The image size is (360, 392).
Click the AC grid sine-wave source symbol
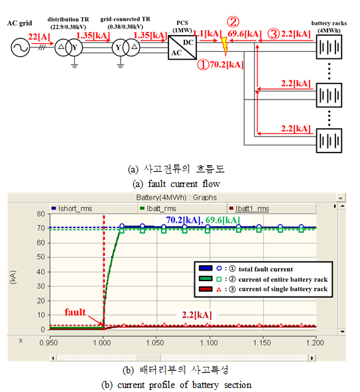[21, 47]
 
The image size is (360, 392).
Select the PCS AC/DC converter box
[182, 47]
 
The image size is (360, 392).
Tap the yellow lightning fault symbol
[225, 46]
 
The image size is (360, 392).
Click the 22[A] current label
[39, 36]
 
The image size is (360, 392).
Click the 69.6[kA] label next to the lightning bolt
[245, 34]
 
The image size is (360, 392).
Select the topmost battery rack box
[329, 46]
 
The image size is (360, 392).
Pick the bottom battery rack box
[329, 141]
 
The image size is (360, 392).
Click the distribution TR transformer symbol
[69, 47]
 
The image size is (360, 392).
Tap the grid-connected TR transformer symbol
[126, 47]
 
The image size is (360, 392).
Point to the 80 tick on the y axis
[41, 214]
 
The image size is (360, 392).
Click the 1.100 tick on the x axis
[209, 342]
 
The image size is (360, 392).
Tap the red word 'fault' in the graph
[75, 312]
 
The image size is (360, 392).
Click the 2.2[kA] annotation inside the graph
[197, 315]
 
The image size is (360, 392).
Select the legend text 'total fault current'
[266, 269]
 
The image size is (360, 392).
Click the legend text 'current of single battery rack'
[283, 289]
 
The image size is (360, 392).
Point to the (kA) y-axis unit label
[13, 277]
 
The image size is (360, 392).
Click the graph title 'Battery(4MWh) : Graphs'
[176, 198]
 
